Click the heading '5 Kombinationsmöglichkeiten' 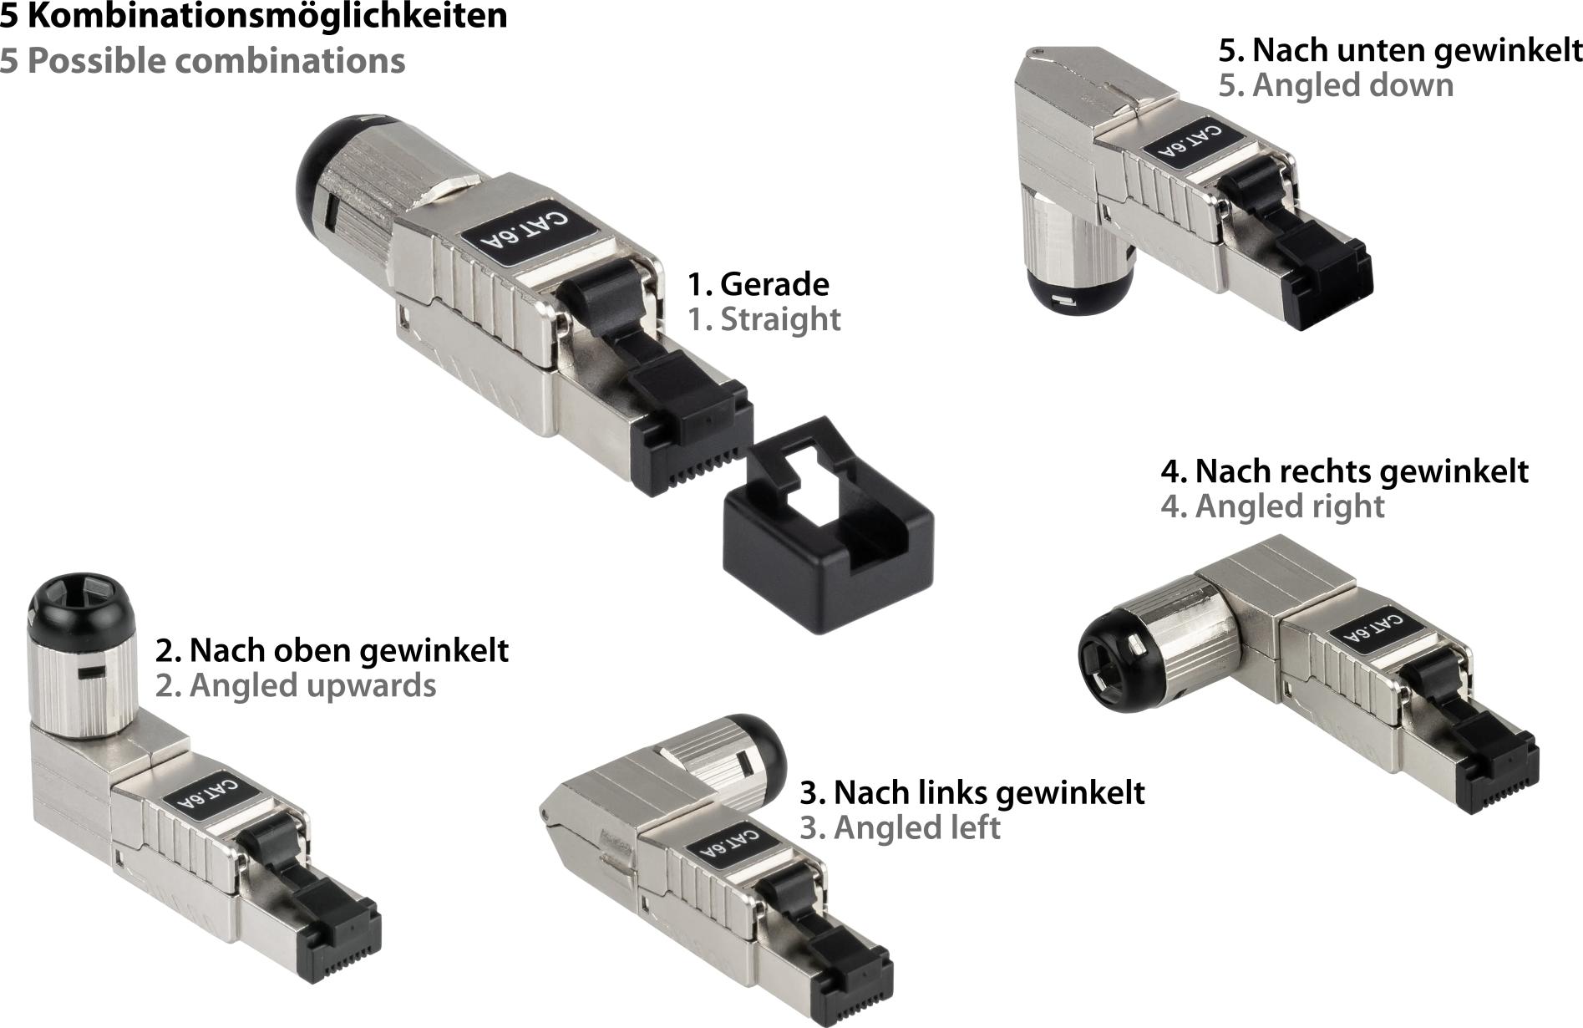[x=253, y=17]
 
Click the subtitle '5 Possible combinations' [x=202, y=61]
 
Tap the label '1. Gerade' [x=758, y=284]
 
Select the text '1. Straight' [x=764, y=319]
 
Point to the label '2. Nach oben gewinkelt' [x=332, y=650]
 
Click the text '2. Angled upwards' [x=296, y=685]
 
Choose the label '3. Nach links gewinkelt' [x=972, y=792]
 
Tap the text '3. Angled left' [x=900, y=827]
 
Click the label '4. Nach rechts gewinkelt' [x=1344, y=471]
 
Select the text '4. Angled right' [x=1272, y=506]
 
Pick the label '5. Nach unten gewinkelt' [x=1400, y=50]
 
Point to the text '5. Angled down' [x=1336, y=85]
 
